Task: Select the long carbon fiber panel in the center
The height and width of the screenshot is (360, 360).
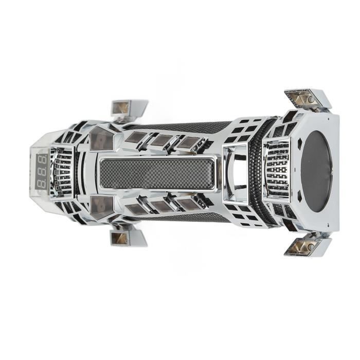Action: (155, 173)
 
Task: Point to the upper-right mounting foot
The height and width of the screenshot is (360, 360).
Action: (307, 99)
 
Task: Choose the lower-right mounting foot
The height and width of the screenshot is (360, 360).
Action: (307, 245)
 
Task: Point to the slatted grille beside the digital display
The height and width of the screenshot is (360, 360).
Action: (63, 172)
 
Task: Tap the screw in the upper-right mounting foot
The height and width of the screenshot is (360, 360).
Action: (311, 99)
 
